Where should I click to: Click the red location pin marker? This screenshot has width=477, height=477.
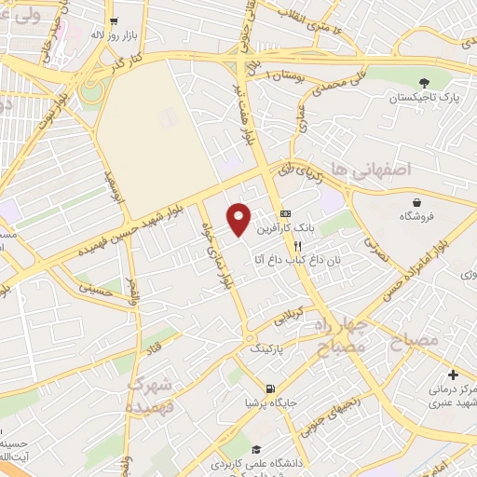(240, 219)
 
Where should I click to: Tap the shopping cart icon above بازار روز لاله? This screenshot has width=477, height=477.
(114, 20)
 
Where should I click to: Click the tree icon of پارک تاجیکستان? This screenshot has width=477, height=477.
(426, 83)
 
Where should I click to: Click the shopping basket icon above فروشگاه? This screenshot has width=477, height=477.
(418, 201)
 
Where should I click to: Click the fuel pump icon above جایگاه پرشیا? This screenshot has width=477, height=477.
(269, 388)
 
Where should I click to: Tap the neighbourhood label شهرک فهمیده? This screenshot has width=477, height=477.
(149, 395)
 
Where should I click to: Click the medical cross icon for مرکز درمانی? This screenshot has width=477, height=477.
(452, 374)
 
